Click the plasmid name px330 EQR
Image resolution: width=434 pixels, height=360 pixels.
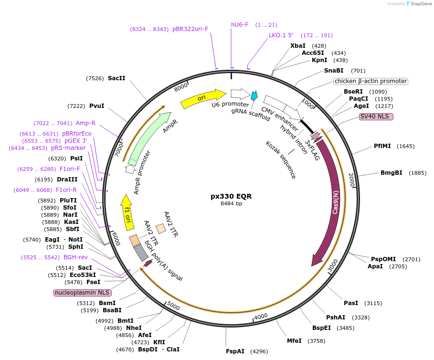(231, 196)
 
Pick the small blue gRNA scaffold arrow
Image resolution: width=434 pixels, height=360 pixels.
(254, 96)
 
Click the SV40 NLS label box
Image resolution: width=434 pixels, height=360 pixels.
(376, 116)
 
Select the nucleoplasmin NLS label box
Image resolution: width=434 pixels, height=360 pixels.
(82, 293)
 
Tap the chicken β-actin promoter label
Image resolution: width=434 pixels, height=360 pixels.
(370, 81)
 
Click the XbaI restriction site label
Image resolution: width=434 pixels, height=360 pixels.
(298, 45)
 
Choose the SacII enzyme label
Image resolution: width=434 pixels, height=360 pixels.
(116, 78)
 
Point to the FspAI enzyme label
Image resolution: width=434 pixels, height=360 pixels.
(235, 351)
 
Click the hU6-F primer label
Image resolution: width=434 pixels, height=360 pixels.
(240, 24)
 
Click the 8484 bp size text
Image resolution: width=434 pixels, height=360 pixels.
(231, 204)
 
